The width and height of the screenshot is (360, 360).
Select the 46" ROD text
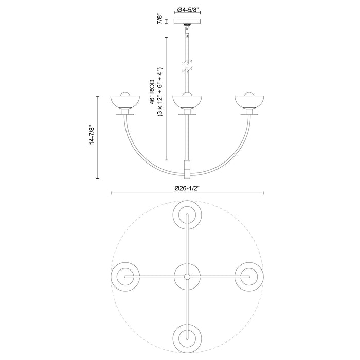[153, 92]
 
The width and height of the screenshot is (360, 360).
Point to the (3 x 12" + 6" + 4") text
[160, 92]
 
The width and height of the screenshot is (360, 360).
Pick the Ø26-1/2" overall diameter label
[187, 188]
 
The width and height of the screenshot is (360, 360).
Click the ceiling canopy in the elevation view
[187, 22]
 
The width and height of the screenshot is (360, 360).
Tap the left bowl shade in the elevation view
[124, 102]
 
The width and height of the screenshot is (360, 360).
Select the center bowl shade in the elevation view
[187, 102]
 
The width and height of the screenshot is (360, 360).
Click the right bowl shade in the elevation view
[250, 102]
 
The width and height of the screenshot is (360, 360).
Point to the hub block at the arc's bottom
[187, 167]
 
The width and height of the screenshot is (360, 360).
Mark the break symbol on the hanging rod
[187, 66]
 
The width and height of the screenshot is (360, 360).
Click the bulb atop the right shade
[250, 94]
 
